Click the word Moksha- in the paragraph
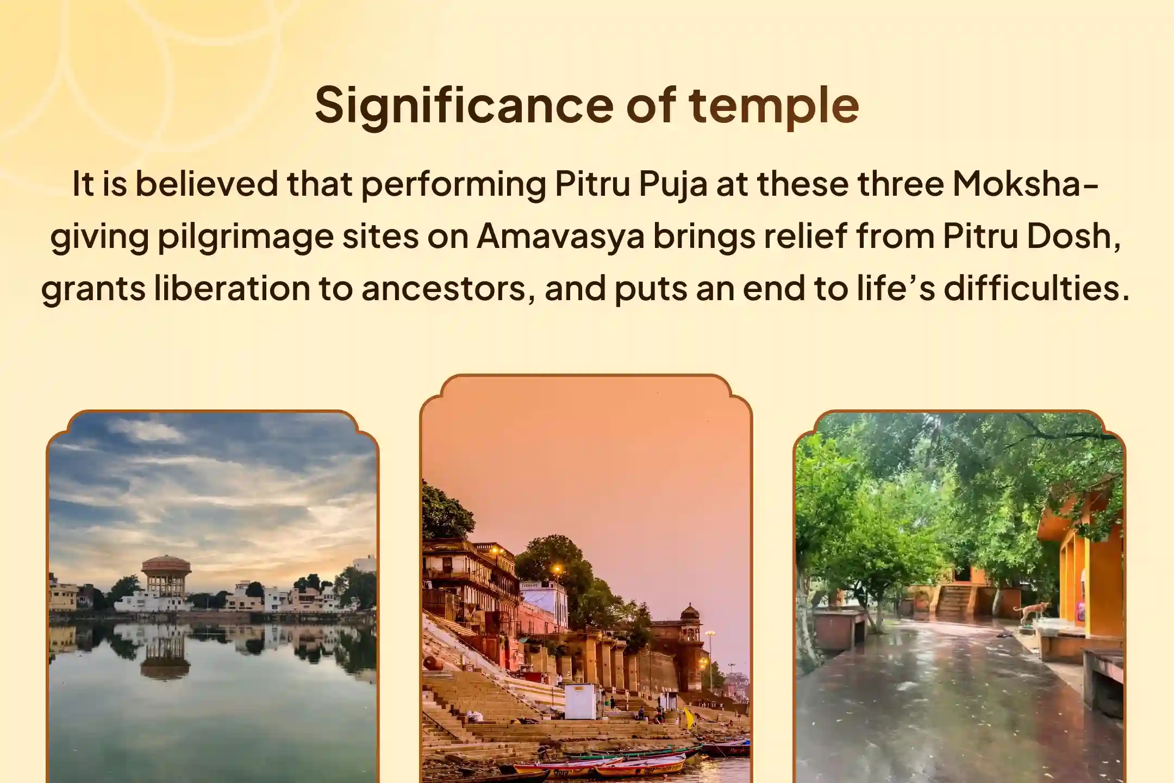[x=1017, y=184]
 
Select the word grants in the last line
[x=93, y=288]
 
